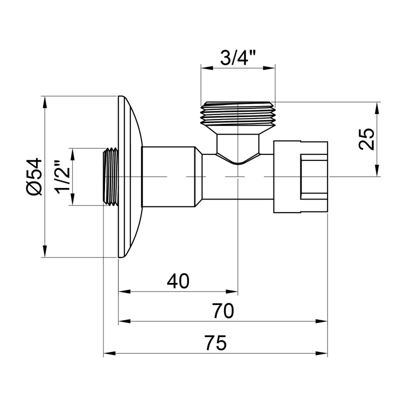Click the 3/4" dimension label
238,58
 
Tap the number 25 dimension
366,139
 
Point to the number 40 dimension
178,281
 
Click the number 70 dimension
222,311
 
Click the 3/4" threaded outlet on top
238,114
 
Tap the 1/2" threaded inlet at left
110,176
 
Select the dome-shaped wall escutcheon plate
129,176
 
